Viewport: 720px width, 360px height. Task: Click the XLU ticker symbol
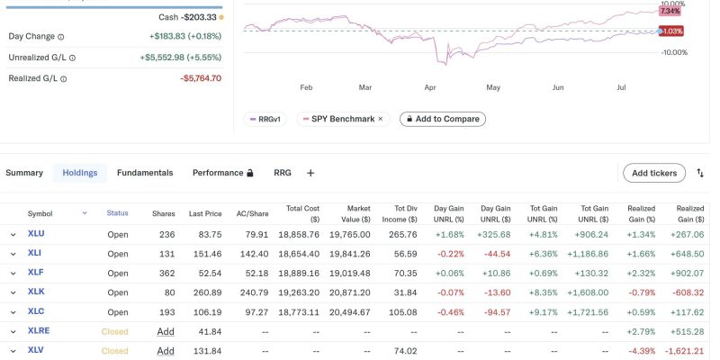pos(36,234)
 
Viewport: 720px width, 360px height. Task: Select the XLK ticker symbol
pos(36,292)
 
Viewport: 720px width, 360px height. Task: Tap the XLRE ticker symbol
pos(39,331)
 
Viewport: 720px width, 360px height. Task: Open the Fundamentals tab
pos(145,173)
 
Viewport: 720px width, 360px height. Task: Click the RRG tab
pos(283,173)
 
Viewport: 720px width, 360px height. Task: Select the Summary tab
pos(24,173)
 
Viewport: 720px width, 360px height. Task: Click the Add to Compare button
pos(442,119)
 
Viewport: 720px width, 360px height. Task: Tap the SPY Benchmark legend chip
pos(342,119)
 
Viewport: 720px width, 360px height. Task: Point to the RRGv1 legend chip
pos(265,119)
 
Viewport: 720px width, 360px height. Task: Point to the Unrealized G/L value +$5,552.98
pos(180,58)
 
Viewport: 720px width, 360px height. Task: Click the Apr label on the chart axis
pos(430,88)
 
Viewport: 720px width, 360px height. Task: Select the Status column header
pos(118,213)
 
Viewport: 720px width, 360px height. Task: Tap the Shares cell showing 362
pos(164,273)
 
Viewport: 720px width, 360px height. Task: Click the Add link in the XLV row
pos(166,351)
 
